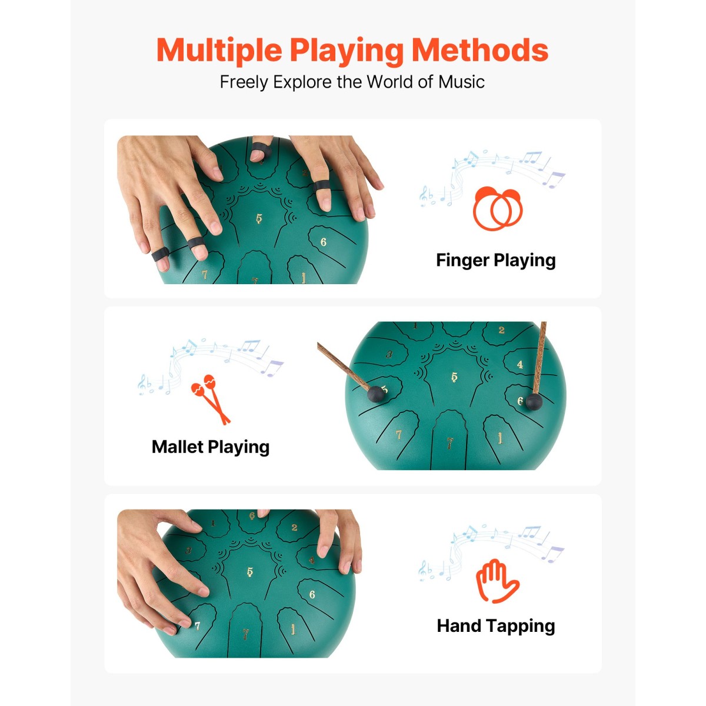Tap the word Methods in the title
[480, 49]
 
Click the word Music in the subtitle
[461, 82]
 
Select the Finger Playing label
[496, 261]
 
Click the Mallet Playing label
[211, 447]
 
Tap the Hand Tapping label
[496, 626]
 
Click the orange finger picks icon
[498, 208]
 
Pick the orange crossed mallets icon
[211, 399]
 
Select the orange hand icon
[497, 581]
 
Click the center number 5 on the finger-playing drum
[259, 219]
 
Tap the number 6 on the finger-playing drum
[323, 242]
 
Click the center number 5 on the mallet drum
[454, 377]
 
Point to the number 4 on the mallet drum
[520, 365]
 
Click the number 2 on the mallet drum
[502, 330]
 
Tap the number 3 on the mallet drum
[389, 354]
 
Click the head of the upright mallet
[534, 402]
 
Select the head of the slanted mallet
[375, 394]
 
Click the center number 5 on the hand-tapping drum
[250, 572]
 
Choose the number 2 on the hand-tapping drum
[294, 527]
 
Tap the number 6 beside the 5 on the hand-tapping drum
[312, 594]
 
